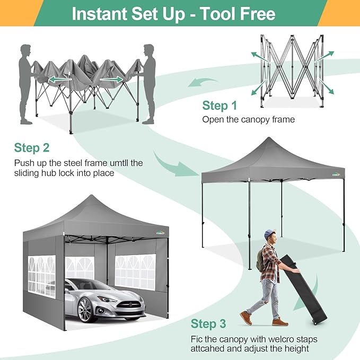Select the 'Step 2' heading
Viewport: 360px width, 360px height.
[31, 147]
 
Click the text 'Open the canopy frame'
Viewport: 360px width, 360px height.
[248, 119]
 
